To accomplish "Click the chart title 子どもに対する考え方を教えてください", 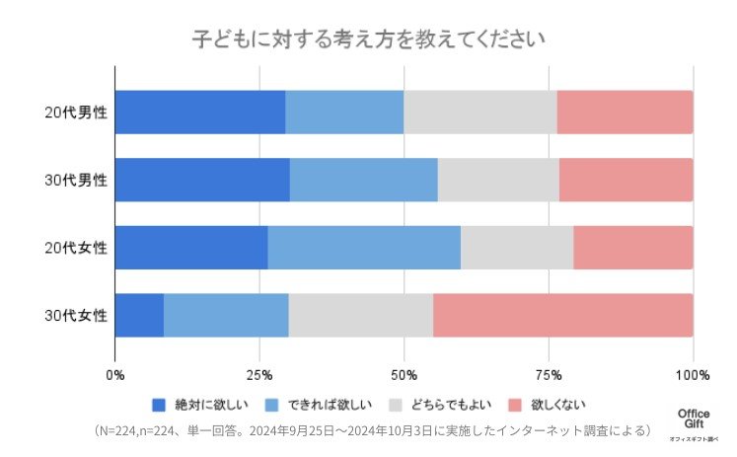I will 368,38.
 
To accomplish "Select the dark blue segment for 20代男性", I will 200,112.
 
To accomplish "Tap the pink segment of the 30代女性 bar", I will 562,315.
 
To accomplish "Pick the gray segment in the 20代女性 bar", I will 516,247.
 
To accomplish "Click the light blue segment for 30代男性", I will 363,180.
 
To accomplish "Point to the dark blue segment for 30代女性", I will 139,315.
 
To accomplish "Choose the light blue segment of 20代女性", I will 363,247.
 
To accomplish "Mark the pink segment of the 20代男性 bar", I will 625,112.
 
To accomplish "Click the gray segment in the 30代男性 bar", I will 498,180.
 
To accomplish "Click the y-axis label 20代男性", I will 76,113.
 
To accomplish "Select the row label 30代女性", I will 76,316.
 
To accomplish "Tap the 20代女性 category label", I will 76,248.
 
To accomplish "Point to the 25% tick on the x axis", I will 259,375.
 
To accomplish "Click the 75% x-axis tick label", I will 549,375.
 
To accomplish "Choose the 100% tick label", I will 693,375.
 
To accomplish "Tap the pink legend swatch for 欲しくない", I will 515,405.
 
